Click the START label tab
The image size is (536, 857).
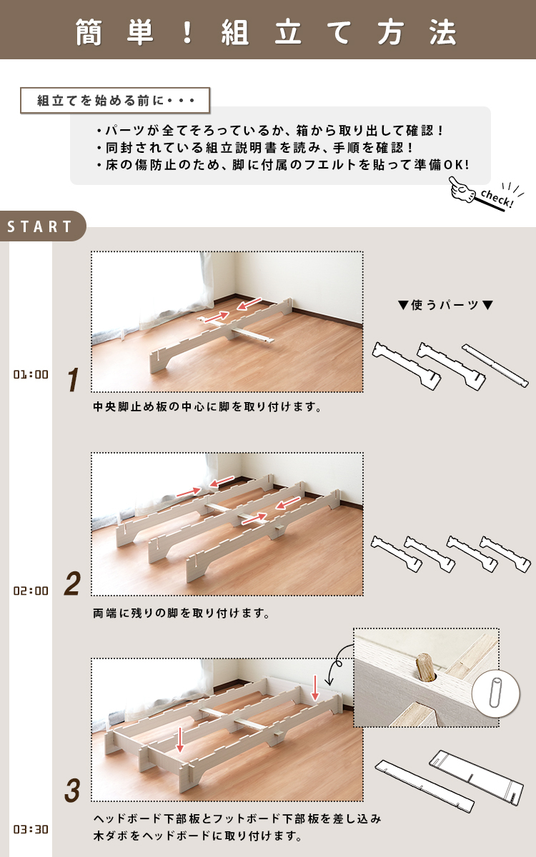(x=40, y=226)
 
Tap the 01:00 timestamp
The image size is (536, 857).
(x=31, y=374)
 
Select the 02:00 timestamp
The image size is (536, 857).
(x=31, y=591)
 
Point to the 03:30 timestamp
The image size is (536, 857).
(x=31, y=829)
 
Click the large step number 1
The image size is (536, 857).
(x=73, y=379)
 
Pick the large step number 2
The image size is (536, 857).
(x=72, y=583)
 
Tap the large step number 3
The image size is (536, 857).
(x=72, y=791)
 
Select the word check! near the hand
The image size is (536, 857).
(x=497, y=199)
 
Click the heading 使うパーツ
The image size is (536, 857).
(x=445, y=305)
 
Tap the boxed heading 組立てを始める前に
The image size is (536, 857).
(x=115, y=100)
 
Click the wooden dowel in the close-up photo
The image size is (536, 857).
(x=425, y=667)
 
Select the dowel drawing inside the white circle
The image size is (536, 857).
(x=495, y=693)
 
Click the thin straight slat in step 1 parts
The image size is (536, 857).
(x=495, y=366)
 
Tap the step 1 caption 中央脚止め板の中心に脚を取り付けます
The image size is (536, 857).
(x=207, y=406)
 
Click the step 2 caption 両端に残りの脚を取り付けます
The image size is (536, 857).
(x=181, y=613)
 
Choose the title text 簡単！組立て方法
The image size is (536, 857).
(x=266, y=32)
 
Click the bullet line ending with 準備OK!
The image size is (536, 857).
(x=283, y=165)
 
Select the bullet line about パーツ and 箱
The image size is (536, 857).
(x=270, y=131)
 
